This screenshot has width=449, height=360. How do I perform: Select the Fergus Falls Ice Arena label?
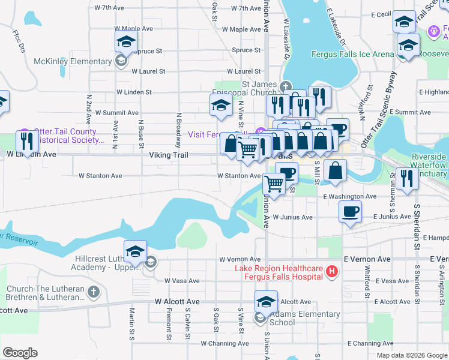point(352,54)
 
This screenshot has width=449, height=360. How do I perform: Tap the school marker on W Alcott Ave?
point(265,302)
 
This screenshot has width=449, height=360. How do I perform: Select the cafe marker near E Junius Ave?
point(350,211)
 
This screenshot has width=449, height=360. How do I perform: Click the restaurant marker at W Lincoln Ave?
point(26,141)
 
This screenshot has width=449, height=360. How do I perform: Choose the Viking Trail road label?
point(169,155)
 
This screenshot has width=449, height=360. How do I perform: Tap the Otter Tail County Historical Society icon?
point(25,132)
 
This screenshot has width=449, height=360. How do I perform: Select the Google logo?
point(20,353)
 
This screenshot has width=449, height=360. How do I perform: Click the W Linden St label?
point(134,92)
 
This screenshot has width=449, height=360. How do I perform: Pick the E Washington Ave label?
point(349,196)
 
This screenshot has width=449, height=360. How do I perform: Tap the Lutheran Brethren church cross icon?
point(92,292)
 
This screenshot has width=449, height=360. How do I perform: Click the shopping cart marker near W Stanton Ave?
point(274,184)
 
